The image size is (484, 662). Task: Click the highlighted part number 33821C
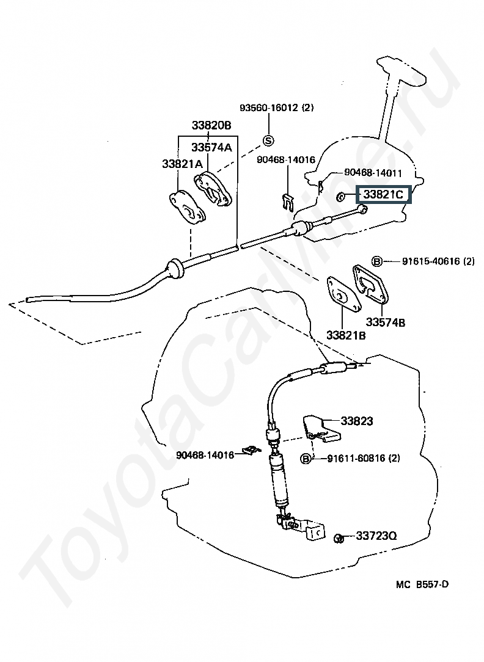click(x=383, y=195)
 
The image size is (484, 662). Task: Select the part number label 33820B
click(x=211, y=126)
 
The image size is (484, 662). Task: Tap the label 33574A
click(x=211, y=147)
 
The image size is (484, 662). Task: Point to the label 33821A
click(x=182, y=164)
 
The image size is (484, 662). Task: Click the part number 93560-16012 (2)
click(x=276, y=107)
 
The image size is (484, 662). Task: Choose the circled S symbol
click(x=268, y=140)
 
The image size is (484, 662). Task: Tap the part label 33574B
click(x=385, y=322)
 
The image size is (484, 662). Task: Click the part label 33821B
click(x=345, y=335)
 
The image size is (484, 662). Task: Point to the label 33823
click(x=357, y=421)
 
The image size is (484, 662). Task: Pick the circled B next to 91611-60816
click(x=306, y=459)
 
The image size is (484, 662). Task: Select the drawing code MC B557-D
click(x=422, y=584)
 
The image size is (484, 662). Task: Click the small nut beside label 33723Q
click(x=339, y=537)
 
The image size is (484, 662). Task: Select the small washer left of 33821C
click(x=340, y=196)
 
